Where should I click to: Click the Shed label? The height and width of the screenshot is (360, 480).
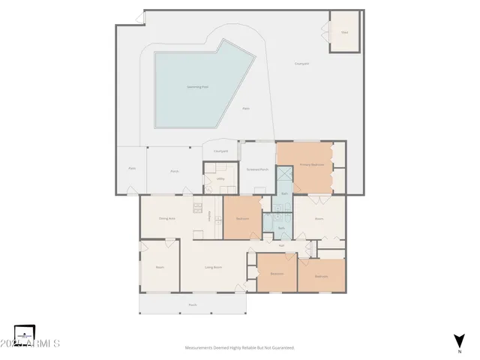[x=345, y=33]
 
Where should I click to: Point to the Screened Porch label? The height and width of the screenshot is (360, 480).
[x=258, y=169]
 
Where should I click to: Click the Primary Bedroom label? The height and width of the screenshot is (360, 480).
[x=311, y=164]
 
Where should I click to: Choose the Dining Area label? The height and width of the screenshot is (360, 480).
[x=166, y=218]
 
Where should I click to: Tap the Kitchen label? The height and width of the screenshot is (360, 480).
[x=209, y=216]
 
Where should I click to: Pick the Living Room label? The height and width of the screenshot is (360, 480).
[x=214, y=268]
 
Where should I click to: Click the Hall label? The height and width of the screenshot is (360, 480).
[x=281, y=246]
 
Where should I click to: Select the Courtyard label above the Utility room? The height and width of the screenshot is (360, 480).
[x=220, y=151]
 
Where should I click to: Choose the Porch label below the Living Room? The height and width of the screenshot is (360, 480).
[x=193, y=304]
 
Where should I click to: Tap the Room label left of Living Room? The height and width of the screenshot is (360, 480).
[x=160, y=268]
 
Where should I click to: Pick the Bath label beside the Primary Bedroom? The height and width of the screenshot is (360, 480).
[x=284, y=193]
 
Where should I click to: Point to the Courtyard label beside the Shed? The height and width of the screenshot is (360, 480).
[x=302, y=64]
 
